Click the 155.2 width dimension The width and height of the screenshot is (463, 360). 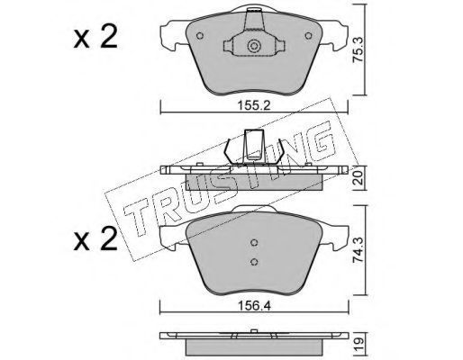pyautogui.click(x=254, y=105)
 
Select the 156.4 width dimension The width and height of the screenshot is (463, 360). pyautogui.click(x=254, y=306)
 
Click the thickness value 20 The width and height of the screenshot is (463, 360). pyautogui.click(x=359, y=178)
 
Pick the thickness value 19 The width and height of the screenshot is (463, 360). pyautogui.click(x=359, y=340)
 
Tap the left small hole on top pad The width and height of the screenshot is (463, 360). pyautogui.click(x=200, y=36)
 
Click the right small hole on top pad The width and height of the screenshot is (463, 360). pyautogui.click(x=308, y=36)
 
